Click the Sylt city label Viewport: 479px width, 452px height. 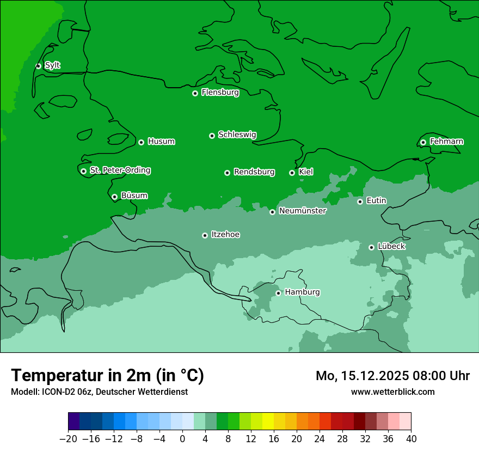(52, 65)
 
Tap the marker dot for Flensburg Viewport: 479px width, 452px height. (195, 93)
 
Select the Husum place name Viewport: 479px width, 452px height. (161, 142)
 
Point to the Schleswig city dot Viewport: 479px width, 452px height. (212, 136)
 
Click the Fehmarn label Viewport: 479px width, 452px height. (446, 142)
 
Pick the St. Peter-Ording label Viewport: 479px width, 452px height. (120, 170)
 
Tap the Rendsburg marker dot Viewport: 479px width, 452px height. (227, 173)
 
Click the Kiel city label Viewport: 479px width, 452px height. (306, 172)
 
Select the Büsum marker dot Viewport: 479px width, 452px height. (114, 197)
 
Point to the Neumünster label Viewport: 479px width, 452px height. (303, 211)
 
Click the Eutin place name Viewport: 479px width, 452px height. (376, 201)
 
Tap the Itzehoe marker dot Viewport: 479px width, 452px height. (205, 235)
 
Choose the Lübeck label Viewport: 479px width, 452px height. (391, 246)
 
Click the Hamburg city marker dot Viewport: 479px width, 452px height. (278, 293)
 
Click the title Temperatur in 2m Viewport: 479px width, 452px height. (107, 376)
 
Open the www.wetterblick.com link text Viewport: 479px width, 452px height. (392, 392)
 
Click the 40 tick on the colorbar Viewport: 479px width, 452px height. (411, 439)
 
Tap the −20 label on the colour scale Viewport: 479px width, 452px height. (68, 439)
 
